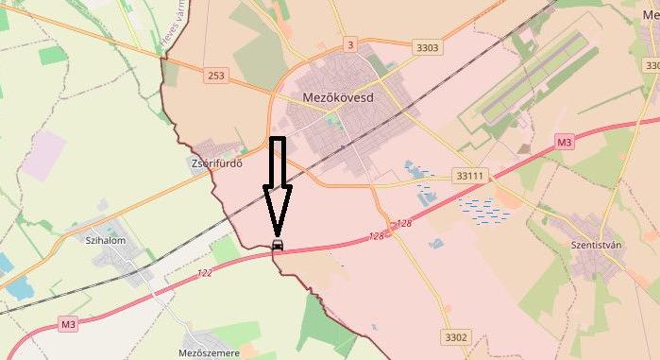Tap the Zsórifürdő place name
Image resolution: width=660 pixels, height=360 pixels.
(216, 163)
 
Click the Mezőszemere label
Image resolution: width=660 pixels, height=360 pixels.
(209, 352)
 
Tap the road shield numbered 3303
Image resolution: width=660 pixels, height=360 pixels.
(428, 45)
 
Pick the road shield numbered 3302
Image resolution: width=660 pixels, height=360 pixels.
(455, 336)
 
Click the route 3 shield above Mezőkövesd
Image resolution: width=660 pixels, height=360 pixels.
(350, 44)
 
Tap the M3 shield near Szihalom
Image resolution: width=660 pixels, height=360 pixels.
(68, 324)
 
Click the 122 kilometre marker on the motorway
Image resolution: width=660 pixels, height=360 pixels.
(205, 273)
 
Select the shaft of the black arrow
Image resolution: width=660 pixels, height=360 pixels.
(277, 161)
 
